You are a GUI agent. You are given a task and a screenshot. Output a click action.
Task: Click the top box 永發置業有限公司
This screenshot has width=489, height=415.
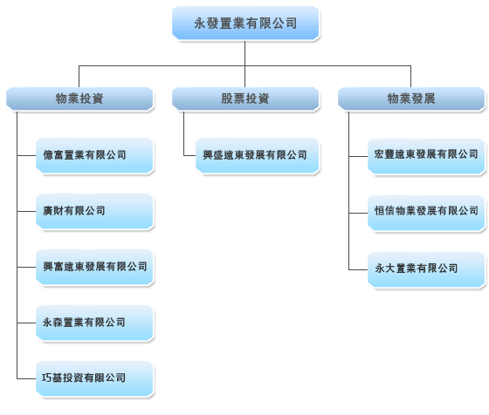pyautogui.click(x=245, y=23)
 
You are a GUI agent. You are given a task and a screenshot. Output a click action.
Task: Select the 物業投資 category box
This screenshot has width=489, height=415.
pyautogui.click(x=79, y=99)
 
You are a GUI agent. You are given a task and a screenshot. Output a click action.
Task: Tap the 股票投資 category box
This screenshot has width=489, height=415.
pyautogui.click(x=245, y=99)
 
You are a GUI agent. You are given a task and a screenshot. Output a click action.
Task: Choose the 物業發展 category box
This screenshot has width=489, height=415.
pyautogui.click(x=411, y=99)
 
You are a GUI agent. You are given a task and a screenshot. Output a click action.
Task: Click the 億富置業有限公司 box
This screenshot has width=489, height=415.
pyautogui.click(x=94, y=155)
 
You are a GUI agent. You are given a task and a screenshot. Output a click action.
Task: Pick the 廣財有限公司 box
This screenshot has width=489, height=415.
pyautogui.click(x=94, y=211)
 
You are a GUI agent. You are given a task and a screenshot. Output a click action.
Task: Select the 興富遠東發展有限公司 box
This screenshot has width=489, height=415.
pyautogui.click(x=94, y=267)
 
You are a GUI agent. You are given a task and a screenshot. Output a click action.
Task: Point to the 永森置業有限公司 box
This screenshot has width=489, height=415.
pyautogui.click(x=94, y=323)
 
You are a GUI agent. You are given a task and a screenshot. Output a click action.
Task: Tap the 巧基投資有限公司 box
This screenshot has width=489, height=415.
pyautogui.click(x=94, y=378)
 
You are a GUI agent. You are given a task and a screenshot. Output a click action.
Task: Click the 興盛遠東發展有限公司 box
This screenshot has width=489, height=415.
pyautogui.click(x=258, y=155)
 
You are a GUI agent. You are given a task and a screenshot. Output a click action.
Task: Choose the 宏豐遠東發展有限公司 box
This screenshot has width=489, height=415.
pyautogui.click(x=426, y=156)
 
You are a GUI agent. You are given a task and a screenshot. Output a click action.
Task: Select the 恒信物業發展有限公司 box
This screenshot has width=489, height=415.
pyautogui.click(x=426, y=213)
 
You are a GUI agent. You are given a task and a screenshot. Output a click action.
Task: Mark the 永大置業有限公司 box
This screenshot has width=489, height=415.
pyautogui.click(x=426, y=269)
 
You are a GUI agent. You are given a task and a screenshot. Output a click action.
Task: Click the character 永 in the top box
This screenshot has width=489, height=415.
pyautogui.click(x=200, y=24)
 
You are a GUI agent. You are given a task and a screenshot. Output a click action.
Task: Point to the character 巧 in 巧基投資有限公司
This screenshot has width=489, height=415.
pyautogui.click(x=47, y=378)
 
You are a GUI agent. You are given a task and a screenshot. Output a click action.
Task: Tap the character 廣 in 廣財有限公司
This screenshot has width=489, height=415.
pyautogui.click(x=48, y=211)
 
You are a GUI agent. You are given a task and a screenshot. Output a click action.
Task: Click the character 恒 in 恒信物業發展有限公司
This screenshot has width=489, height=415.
pyautogui.click(x=380, y=211)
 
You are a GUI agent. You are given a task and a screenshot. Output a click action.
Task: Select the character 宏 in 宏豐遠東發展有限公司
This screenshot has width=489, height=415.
pyautogui.click(x=380, y=153)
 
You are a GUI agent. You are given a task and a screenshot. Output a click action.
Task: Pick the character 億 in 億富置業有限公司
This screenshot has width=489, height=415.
pyautogui.click(x=48, y=154)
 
